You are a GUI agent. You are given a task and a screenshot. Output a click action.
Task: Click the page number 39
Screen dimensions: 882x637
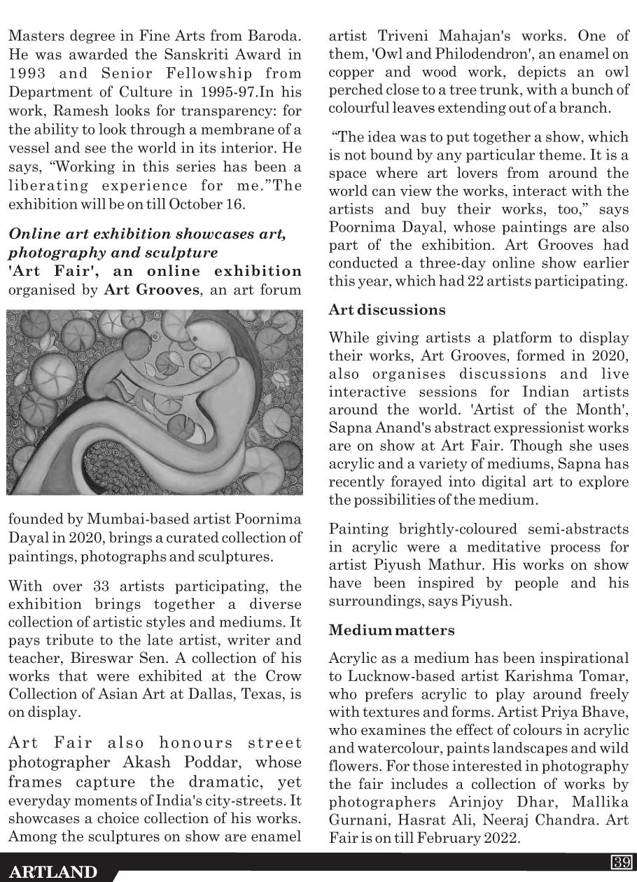click(x=620, y=862)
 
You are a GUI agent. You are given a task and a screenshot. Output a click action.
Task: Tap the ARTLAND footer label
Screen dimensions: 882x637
click(x=54, y=871)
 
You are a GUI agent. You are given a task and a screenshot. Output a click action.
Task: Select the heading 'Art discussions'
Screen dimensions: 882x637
click(x=386, y=309)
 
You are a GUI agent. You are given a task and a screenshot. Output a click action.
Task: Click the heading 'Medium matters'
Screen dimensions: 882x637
click(x=391, y=630)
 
